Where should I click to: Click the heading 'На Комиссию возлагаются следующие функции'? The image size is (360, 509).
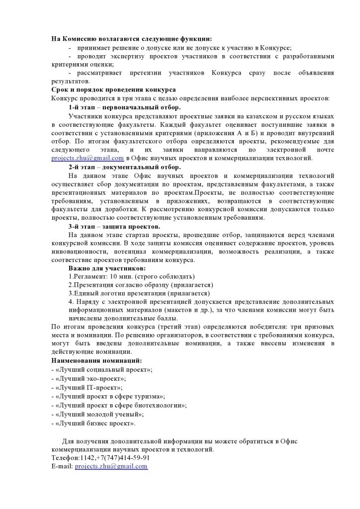pyautogui.click(x=132, y=39)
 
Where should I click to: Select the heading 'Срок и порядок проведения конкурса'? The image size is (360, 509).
pyautogui.click(x=113, y=90)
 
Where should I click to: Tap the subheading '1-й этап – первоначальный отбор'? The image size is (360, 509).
pyautogui.click(x=125, y=107)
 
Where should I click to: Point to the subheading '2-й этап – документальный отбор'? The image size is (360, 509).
pyautogui.click(x=125, y=167)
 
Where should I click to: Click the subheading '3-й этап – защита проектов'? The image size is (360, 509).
pyautogui.click(x=114, y=227)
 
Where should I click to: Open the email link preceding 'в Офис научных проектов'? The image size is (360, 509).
pyautogui.click(x=88, y=159)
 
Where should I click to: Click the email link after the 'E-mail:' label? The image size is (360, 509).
pyautogui.click(x=111, y=466)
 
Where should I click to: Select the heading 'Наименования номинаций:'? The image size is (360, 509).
pyautogui.click(x=96, y=360)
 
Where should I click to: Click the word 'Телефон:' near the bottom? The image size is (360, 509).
pyautogui.click(x=65, y=458)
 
